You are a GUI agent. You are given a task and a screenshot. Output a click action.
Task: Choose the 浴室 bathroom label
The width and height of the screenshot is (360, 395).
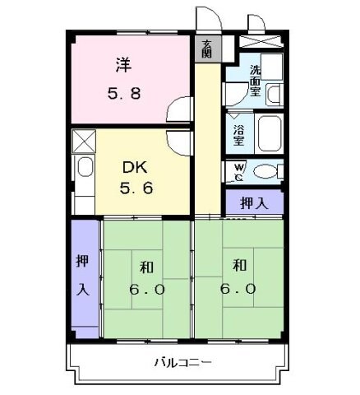(x=238, y=134)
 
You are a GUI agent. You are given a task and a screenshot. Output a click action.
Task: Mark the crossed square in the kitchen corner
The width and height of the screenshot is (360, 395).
(x=83, y=141)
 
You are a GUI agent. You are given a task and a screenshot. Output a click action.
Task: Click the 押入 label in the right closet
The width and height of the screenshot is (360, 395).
(x=253, y=203)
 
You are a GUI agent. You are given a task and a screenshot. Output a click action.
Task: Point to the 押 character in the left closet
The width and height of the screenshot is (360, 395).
(x=83, y=261)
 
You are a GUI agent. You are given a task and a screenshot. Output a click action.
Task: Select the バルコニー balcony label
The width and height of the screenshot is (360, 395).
(x=182, y=360)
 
